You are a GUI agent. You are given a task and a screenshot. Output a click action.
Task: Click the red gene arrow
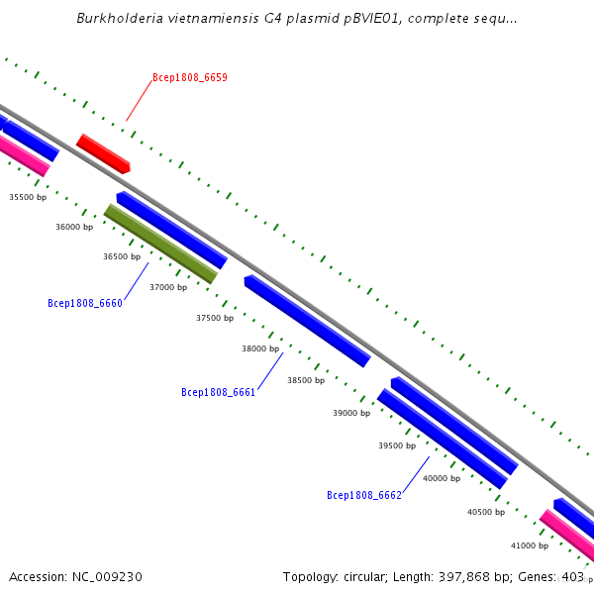coord(103,153)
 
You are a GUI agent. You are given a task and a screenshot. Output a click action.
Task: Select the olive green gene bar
coord(160,244)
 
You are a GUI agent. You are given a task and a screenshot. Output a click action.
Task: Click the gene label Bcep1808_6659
coord(190,77)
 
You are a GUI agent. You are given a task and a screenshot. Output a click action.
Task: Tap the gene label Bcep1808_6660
coord(85,304)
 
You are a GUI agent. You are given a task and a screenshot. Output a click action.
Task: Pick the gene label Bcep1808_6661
coord(219,393)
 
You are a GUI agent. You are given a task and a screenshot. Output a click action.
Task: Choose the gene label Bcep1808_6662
coord(364,495)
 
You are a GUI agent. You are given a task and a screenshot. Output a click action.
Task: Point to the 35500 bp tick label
coord(28,197)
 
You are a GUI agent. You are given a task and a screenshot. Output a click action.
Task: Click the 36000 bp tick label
coord(74,227)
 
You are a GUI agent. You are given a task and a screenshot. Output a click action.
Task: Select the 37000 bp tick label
coord(168,287)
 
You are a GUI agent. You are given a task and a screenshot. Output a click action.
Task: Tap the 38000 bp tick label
coord(260,348)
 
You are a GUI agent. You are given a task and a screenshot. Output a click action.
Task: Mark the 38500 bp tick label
coord(306,380)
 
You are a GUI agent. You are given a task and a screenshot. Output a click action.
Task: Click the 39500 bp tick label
coord(397,445)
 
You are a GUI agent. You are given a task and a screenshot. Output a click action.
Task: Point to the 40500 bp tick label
coord(486,512)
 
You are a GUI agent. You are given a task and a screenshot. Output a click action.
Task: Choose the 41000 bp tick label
coord(530,545)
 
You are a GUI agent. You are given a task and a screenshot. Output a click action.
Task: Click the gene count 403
coord(572,577)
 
